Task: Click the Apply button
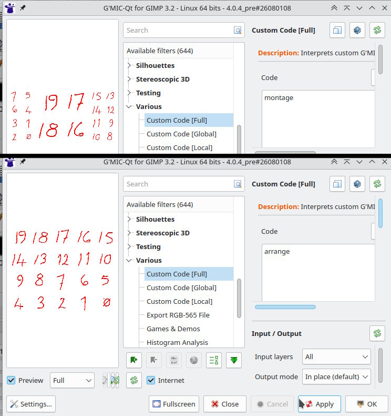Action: pos(319,404)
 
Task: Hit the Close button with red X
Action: pos(225,404)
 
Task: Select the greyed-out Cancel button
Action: pos(272,404)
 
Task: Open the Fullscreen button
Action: pos(173,404)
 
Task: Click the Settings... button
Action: pos(31,404)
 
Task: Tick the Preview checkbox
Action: pos(11,380)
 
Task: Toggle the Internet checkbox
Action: pos(151,380)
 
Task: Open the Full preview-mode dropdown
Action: pos(72,380)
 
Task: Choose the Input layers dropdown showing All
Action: pos(336,356)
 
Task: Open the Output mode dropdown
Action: pos(336,377)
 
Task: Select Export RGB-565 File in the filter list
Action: pos(178,315)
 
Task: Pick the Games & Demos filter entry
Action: pos(173,329)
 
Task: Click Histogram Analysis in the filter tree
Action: pos(177,342)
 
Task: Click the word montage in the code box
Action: pos(279,98)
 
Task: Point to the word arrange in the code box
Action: pos(277,251)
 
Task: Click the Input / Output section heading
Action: pos(276,333)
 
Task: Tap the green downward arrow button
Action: pos(234,360)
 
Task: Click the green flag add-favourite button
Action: pos(134,360)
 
